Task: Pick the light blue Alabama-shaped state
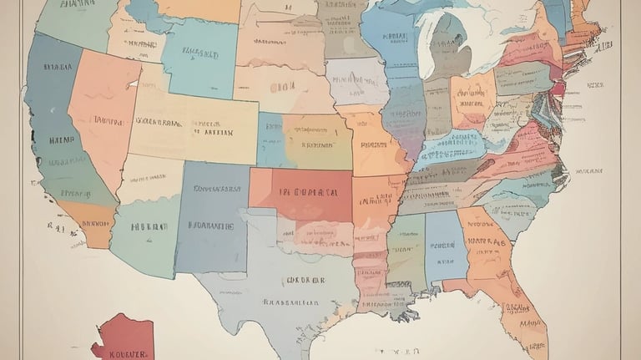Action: [x=446, y=246]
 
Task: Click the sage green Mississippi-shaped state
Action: [x=407, y=251]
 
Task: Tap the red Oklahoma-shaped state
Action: [x=302, y=194]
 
